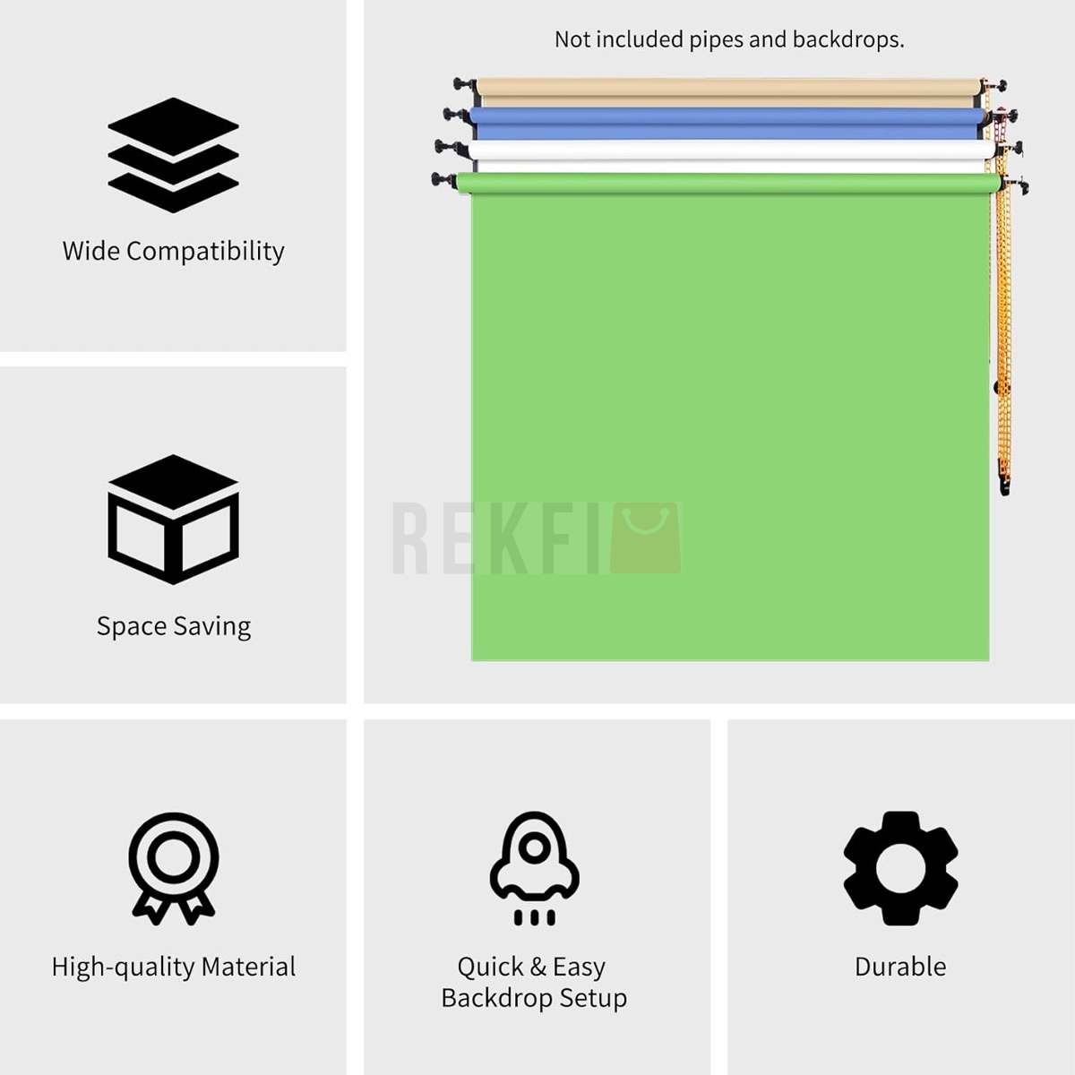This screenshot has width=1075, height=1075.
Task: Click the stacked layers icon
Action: pos(173,155)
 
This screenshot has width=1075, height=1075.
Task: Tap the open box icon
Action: pos(173,520)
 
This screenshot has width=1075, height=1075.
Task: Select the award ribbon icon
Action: pos(174,869)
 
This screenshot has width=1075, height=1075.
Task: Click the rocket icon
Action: pos(535,869)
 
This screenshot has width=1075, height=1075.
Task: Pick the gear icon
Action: pos(900,869)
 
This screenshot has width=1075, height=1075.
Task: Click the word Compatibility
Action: pos(205,252)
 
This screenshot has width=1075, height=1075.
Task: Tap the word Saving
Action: pos(212,626)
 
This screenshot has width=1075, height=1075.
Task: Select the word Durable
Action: pos(900,967)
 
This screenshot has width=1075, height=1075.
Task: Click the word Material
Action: pos(248,967)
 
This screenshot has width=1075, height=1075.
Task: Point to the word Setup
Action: pos(593,999)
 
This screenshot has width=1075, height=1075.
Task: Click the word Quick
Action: pos(491,967)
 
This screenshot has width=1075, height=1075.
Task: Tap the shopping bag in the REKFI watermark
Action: pos(645,537)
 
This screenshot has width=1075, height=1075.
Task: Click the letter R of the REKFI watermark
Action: pos(410,537)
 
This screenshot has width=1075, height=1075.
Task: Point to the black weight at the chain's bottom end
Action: pos(1003,485)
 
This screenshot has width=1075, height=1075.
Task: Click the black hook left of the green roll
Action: pos(444,181)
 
